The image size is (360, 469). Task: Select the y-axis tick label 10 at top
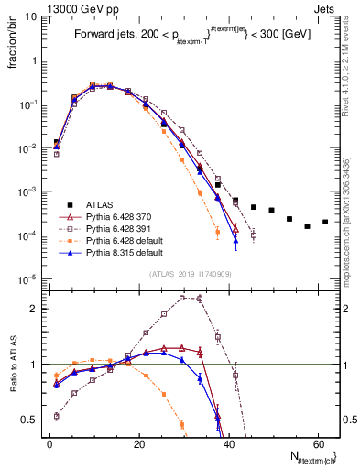[33, 16]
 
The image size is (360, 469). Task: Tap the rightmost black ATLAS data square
[325, 222]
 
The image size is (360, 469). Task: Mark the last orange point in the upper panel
[217, 232]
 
